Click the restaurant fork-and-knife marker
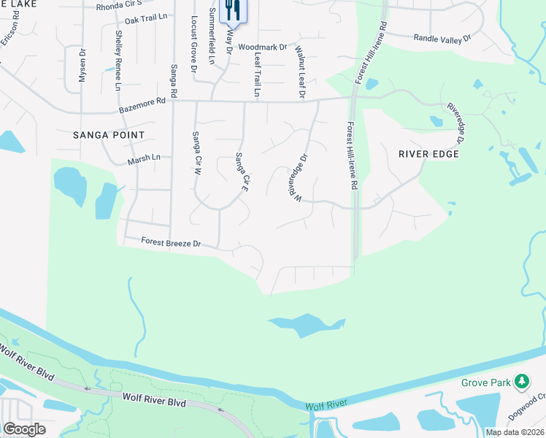point(232,10)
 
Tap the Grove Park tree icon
point(521,382)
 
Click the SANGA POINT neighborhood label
point(109,135)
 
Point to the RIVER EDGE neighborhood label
point(428,154)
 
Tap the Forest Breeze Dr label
point(161,242)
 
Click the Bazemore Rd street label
point(142,107)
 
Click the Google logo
point(24,429)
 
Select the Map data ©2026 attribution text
point(515,432)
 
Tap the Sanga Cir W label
point(196,153)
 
